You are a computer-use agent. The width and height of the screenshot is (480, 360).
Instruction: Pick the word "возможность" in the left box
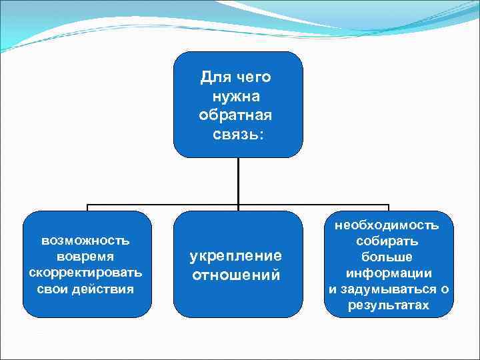[x=86, y=240]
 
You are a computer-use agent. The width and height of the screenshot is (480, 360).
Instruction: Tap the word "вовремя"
[x=86, y=256]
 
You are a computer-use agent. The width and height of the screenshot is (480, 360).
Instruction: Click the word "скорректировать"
[x=86, y=273]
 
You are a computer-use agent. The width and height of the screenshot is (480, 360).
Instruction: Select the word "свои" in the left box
[x=55, y=289]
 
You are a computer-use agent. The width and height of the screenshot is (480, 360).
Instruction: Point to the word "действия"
[x=103, y=289]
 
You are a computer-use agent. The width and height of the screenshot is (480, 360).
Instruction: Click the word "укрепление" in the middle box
[x=236, y=256]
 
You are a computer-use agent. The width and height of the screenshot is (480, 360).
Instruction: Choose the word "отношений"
[x=236, y=275]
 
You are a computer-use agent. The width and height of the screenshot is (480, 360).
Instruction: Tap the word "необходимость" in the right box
[x=388, y=225]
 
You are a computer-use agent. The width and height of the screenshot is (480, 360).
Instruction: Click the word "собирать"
[x=388, y=241]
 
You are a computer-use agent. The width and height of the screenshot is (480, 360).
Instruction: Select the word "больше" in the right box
[x=388, y=257]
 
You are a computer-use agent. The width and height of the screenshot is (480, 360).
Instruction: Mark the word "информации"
[x=388, y=273]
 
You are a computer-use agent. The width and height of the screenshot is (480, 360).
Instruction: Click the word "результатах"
[x=388, y=305]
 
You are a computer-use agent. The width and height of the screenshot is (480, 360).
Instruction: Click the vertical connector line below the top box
[x=238, y=180]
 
